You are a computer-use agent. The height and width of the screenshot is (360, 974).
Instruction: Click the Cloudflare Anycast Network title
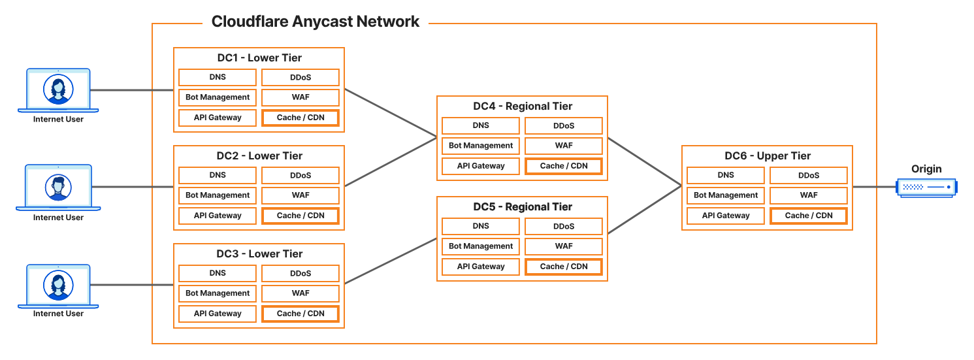316,22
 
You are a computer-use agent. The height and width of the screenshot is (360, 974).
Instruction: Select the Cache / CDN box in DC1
300,118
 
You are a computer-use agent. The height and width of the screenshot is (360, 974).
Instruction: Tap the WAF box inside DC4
564,146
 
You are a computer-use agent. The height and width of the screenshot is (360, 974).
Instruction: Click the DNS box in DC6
726,175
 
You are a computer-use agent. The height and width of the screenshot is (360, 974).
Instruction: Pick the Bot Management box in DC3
218,293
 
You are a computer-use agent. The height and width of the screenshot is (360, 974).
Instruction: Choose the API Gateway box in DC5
481,267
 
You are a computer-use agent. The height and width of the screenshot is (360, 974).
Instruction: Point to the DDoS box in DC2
300,175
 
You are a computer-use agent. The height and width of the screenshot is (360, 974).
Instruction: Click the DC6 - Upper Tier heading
768,156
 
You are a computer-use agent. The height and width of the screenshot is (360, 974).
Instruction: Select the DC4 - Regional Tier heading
523,106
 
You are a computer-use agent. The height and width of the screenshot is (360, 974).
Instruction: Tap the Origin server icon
927,188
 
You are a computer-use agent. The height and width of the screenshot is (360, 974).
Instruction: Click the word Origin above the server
927,169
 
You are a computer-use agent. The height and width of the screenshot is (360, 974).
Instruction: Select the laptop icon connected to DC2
58,188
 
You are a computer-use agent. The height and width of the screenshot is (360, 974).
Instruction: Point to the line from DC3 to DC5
391,261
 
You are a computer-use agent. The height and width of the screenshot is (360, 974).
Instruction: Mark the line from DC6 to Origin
874,187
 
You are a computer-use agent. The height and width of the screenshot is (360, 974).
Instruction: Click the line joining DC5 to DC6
645,210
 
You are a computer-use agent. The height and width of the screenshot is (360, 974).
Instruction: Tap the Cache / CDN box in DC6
809,216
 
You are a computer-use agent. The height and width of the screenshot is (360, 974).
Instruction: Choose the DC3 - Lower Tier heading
259,254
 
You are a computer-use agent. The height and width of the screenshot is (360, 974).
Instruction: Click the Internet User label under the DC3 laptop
58,314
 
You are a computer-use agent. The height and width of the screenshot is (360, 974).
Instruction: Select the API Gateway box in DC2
218,216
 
